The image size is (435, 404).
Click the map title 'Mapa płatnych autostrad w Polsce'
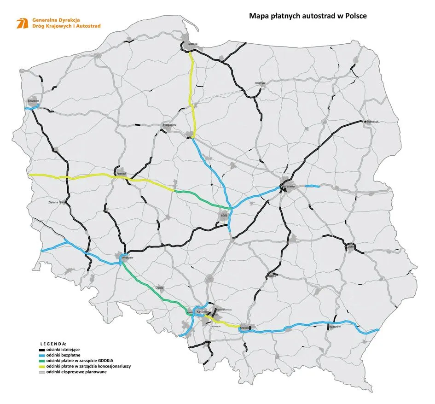tap(307, 16)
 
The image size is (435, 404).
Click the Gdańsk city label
tap(192, 44)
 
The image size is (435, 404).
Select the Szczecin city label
tap(33, 100)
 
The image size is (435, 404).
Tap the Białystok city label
tap(375, 121)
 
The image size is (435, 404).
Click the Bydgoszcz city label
tap(170, 125)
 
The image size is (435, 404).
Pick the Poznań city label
tap(122, 173)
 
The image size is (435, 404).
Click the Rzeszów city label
tap(335, 327)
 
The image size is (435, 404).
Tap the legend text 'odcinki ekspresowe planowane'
tap(80, 372)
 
